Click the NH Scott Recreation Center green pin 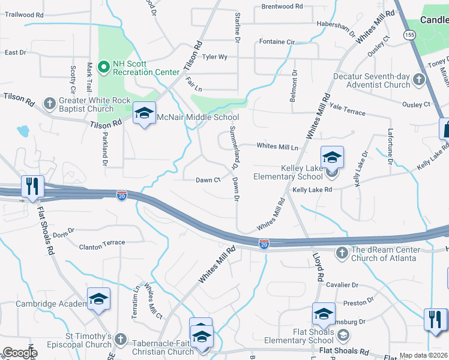(x=103, y=66)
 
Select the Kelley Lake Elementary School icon (x=332, y=158)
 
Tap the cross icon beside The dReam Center (x=342, y=251)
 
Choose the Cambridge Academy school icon (x=98, y=299)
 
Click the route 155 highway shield (x=409, y=35)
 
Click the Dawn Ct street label (x=208, y=180)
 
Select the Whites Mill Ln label (x=277, y=146)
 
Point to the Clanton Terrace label (x=102, y=243)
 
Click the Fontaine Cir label (x=277, y=42)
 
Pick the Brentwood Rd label (x=282, y=7)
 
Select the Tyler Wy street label (x=214, y=57)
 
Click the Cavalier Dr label (x=342, y=285)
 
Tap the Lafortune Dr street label (x=390, y=149)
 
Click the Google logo (x=20, y=353)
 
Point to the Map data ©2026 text (x=423, y=356)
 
